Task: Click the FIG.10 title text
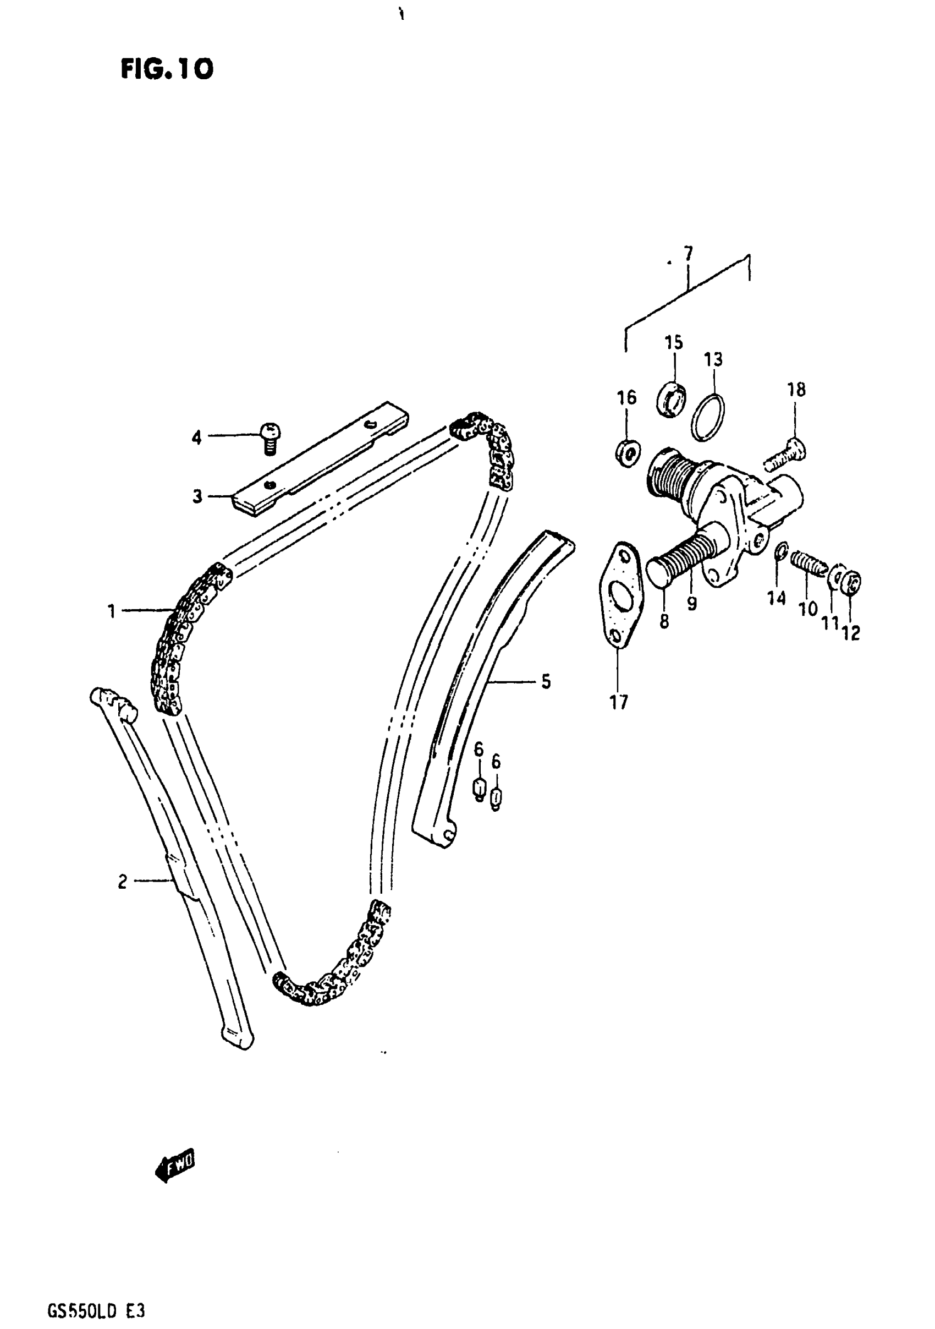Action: coord(167,69)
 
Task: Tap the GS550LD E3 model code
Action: coord(96,1310)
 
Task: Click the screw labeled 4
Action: coord(269,438)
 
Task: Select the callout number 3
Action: coord(198,496)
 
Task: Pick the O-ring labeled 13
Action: coord(709,417)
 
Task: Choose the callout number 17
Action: coord(619,703)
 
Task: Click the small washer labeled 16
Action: coord(627,451)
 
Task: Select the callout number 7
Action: coord(687,254)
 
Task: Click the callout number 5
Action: coord(546,682)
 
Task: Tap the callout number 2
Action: coord(122,882)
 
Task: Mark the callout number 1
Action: coord(111,611)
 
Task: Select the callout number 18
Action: coord(796,390)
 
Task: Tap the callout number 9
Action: coord(692,604)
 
